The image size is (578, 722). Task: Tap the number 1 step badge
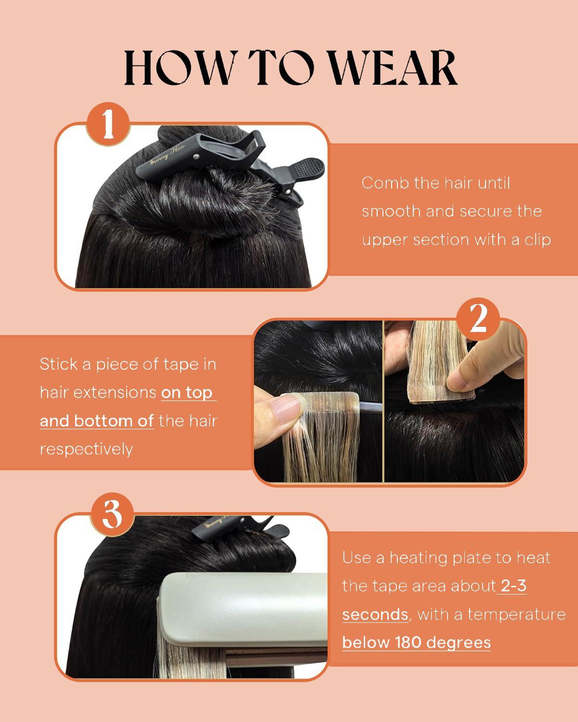tap(107, 124)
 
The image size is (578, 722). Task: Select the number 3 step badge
tap(112, 515)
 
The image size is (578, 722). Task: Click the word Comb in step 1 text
tap(384, 183)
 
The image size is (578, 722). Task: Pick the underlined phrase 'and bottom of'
tap(96, 421)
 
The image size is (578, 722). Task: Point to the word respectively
tap(86, 449)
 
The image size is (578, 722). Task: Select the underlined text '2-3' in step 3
tap(513, 586)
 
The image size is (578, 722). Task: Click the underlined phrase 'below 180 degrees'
tap(416, 643)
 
